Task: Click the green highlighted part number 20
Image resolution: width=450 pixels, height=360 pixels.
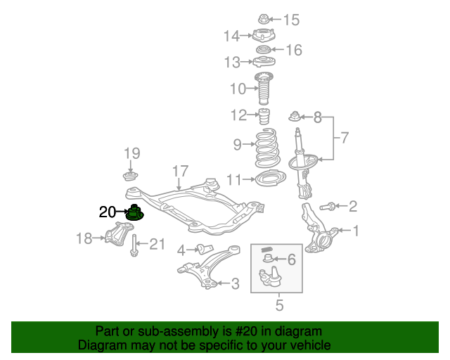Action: click(x=134, y=213)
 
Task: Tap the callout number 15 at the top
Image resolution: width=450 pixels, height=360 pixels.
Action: click(x=292, y=20)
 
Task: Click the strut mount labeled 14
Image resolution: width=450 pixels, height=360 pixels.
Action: click(x=264, y=36)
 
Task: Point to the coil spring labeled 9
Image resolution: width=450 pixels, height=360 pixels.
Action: click(x=267, y=148)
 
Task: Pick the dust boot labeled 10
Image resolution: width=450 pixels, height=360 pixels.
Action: click(x=264, y=89)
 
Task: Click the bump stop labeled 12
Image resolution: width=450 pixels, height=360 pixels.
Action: click(x=264, y=116)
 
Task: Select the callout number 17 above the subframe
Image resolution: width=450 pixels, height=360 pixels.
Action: click(x=180, y=172)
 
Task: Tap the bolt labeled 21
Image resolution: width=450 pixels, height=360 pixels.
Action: click(x=134, y=245)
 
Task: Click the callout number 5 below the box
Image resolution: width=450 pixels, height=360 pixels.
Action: click(x=279, y=305)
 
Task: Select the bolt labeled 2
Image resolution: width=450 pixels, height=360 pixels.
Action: click(x=327, y=206)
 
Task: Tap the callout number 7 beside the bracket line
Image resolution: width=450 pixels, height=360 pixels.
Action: click(x=345, y=138)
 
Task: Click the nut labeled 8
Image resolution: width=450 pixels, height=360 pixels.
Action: click(x=295, y=116)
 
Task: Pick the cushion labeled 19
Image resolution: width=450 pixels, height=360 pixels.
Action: click(x=131, y=176)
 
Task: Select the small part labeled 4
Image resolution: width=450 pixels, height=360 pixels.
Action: click(x=205, y=249)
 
